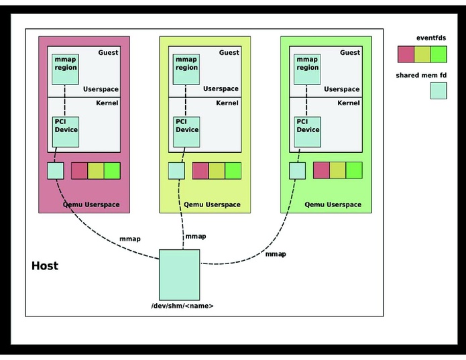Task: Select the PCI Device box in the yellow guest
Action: tap(186, 131)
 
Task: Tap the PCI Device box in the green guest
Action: tap(307, 131)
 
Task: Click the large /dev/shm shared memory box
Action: tap(179, 275)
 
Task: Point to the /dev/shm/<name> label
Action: tap(182, 306)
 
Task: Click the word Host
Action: tap(45, 266)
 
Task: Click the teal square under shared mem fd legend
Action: tap(439, 91)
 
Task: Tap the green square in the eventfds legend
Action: tap(439, 54)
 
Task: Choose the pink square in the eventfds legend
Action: tap(406, 54)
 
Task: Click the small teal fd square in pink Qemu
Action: tap(56, 170)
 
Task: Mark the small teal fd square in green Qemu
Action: tap(297, 170)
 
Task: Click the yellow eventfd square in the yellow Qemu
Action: tap(217, 170)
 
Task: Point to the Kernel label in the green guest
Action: tap(348, 103)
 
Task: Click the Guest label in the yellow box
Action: tap(229, 52)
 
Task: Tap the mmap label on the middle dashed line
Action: tap(195, 236)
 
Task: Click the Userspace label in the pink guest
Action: tap(101, 89)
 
